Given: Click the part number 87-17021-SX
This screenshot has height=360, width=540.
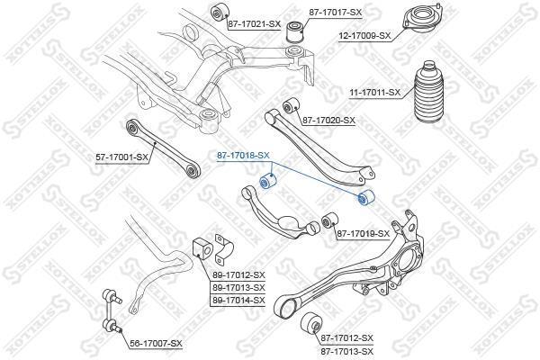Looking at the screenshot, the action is coord(254,24).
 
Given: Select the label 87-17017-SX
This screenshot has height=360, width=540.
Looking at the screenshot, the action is coord(336,13).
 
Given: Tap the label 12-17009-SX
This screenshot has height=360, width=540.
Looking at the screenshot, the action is coord(364,35).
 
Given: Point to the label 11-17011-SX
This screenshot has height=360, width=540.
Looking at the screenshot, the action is coord(375,93).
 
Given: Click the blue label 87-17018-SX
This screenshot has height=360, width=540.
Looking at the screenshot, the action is coord(243,156).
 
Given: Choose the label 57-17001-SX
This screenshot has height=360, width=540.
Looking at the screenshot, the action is coord(121,157).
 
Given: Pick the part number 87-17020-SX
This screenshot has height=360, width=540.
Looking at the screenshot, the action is coord(328,121).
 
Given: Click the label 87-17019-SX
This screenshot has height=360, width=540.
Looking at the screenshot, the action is coord(363,234).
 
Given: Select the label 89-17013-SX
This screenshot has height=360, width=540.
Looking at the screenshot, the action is coord(238,287).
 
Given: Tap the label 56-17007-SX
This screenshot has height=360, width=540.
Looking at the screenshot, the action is coord(156,344).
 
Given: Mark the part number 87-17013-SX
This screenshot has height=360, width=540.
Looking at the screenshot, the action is coord(346,352).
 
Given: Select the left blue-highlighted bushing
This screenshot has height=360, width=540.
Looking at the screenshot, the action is coord(268,181).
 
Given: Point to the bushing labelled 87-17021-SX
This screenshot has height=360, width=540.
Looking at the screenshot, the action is coord(219,13).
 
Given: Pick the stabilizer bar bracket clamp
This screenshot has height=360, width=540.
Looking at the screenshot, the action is coord(223,247).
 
